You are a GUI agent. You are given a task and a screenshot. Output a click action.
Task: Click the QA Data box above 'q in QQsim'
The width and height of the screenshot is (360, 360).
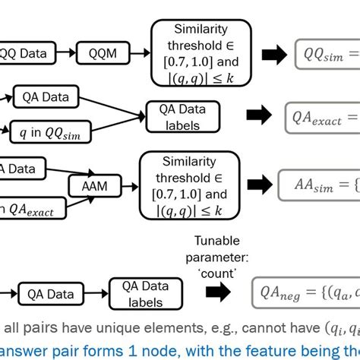pos(43,96)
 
